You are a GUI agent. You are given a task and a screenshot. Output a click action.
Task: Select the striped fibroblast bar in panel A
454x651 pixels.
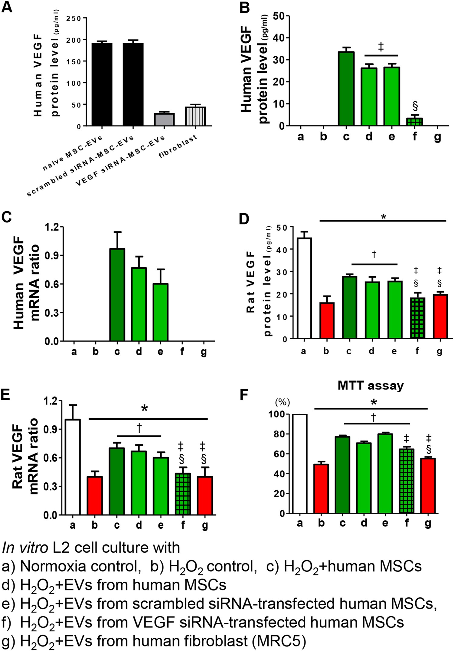195,116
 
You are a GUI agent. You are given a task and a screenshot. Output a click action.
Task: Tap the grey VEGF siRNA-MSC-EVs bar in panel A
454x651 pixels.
164,120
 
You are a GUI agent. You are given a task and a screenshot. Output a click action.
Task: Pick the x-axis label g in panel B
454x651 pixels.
437,136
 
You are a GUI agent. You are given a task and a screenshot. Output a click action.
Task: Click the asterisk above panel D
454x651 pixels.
384,217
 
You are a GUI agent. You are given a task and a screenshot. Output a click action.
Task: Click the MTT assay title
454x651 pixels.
371,386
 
